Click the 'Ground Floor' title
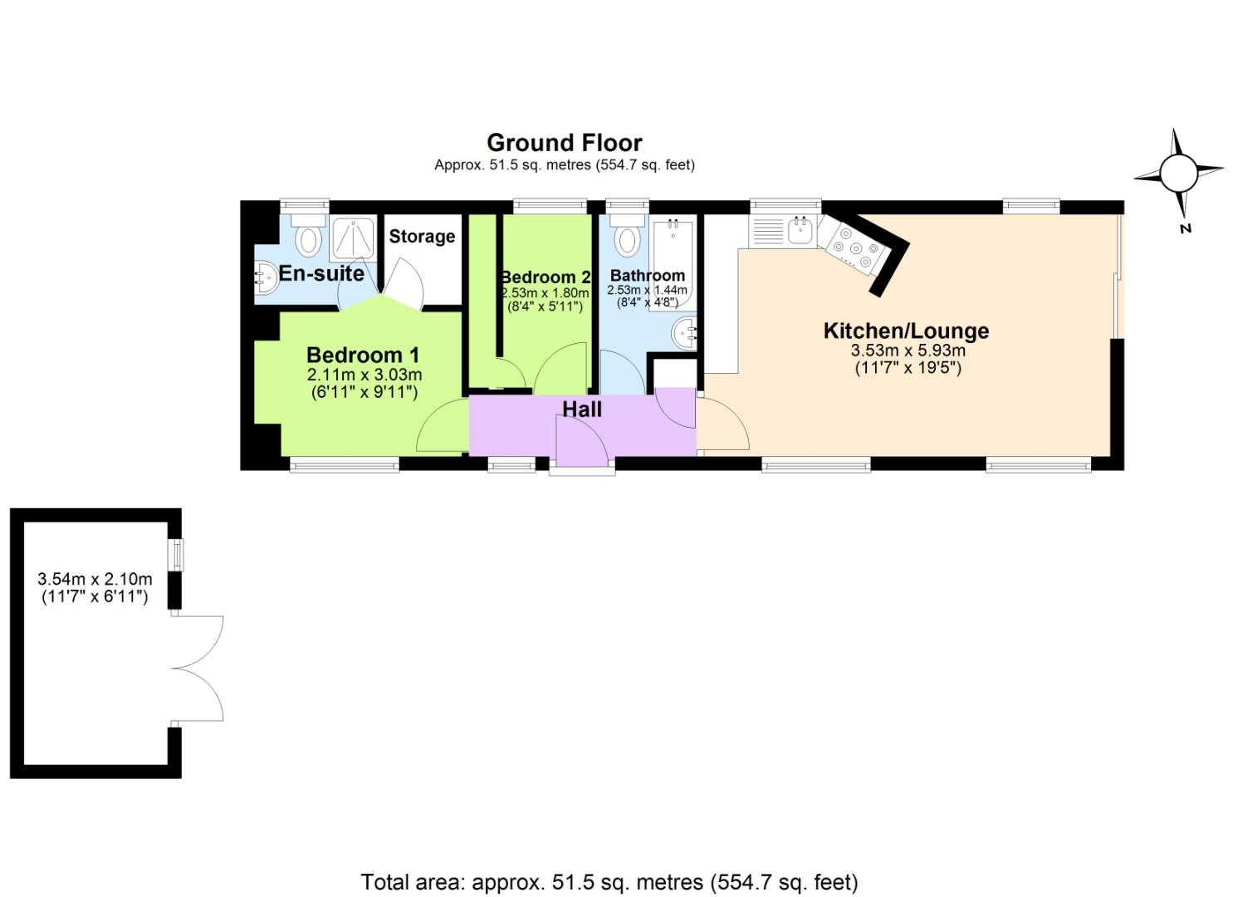click(x=564, y=143)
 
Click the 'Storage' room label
click(x=422, y=237)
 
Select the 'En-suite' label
click(x=321, y=273)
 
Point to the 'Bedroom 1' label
click(x=363, y=355)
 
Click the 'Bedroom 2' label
click(x=545, y=277)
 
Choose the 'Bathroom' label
click(x=647, y=276)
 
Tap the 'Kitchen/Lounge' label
click(x=906, y=331)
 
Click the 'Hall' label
click(x=581, y=409)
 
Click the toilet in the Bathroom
click(x=627, y=237)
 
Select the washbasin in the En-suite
click(x=266, y=277)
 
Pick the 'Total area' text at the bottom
click(x=609, y=881)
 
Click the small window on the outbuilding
click(x=176, y=555)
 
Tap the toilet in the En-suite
click(x=309, y=237)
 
